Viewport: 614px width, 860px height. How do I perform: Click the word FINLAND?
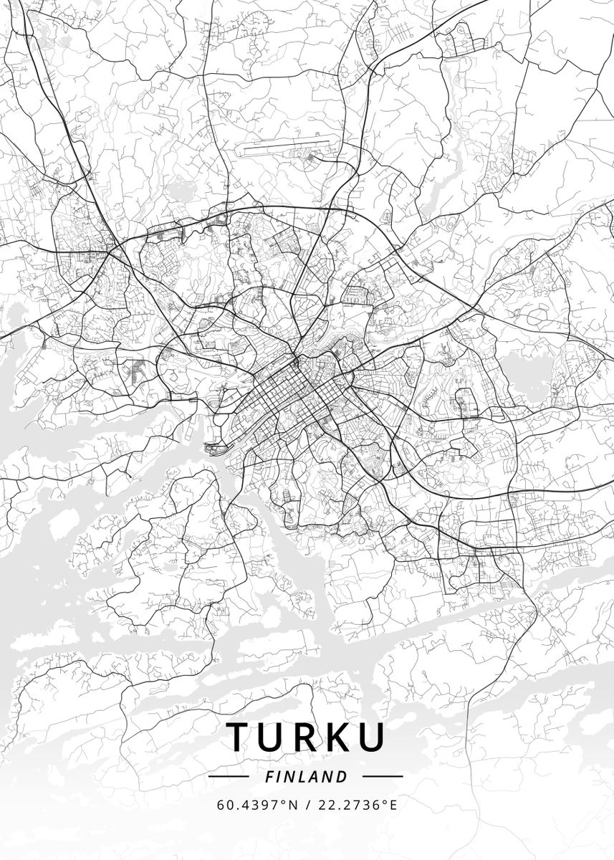click(306, 776)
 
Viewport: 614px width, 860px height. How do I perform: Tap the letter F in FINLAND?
click(268, 776)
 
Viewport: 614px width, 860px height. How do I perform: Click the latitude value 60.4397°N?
click(257, 804)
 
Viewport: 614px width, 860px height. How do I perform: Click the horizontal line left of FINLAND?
click(228, 776)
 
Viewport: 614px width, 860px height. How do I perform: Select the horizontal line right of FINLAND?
click(383, 776)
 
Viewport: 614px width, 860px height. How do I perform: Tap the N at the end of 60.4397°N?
click(292, 804)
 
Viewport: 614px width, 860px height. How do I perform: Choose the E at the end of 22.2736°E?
click(393, 804)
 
